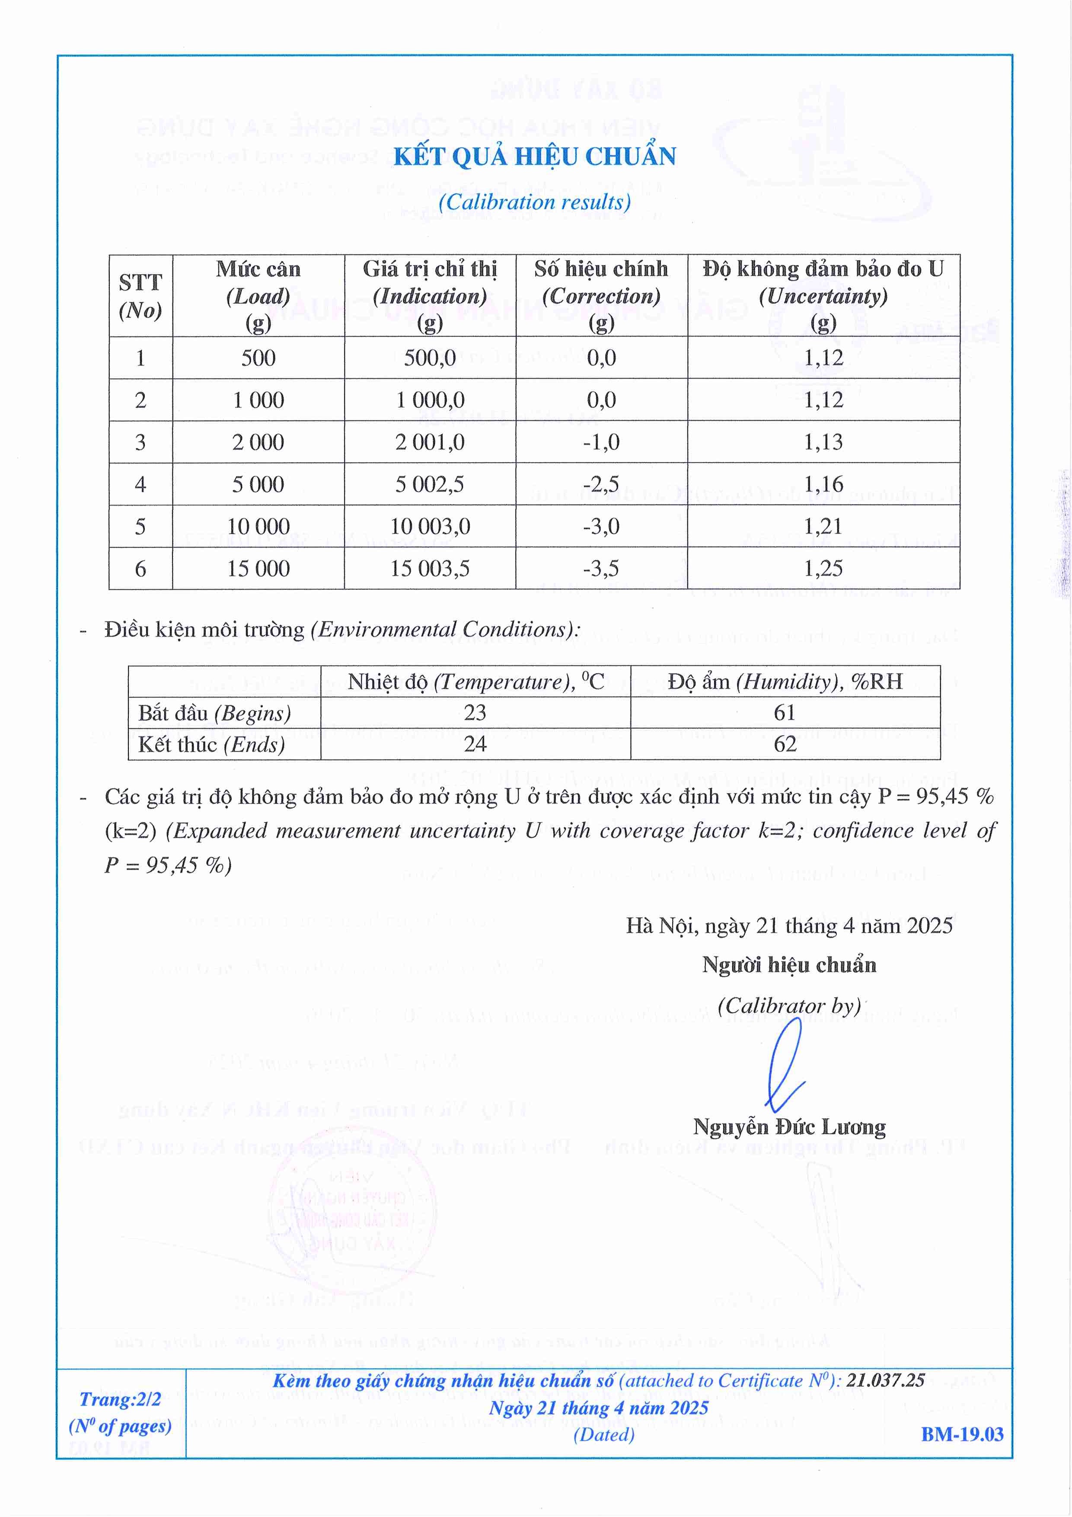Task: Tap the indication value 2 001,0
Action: click(430, 442)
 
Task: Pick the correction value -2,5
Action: click(601, 484)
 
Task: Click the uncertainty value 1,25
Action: click(823, 568)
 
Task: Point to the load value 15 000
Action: click(258, 568)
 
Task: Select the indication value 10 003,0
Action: click(430, 527)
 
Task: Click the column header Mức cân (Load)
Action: click(258, 295)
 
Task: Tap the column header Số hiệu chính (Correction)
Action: click(601, 295)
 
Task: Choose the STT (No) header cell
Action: click(140, 296)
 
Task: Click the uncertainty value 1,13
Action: click(823, 442)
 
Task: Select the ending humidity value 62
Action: click(785, 744)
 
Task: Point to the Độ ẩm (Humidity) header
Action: click(785, 681)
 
